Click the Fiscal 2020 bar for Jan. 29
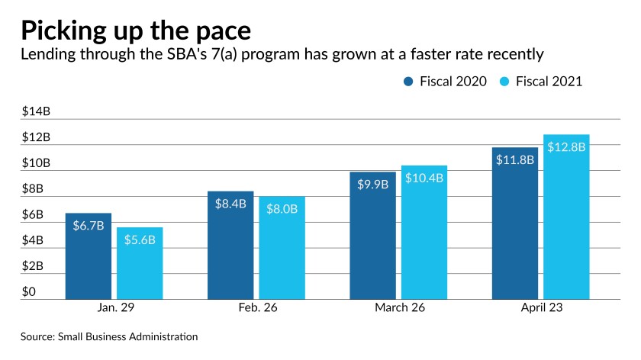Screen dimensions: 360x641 (x=89, y=256)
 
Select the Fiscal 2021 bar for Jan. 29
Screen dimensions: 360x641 (x=140, y=264)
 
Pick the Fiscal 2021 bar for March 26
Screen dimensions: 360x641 (x=424, y=233)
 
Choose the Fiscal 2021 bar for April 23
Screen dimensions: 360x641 (x=567, y=217)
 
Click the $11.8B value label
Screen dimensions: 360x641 (x=516, y=160)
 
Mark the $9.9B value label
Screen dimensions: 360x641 (x=373, y=185)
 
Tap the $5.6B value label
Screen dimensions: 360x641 (x=140, y=240)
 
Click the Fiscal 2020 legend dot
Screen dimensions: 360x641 (x=409, y=82)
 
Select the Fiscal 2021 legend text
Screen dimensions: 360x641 (x=548, y=82)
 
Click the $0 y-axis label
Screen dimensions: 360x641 (x=28, y=292)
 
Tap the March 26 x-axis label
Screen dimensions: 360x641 (x=399, y=309)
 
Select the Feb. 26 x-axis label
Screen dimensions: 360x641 (x=256, y=309)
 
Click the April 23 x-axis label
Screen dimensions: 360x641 (x=541, y=309)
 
